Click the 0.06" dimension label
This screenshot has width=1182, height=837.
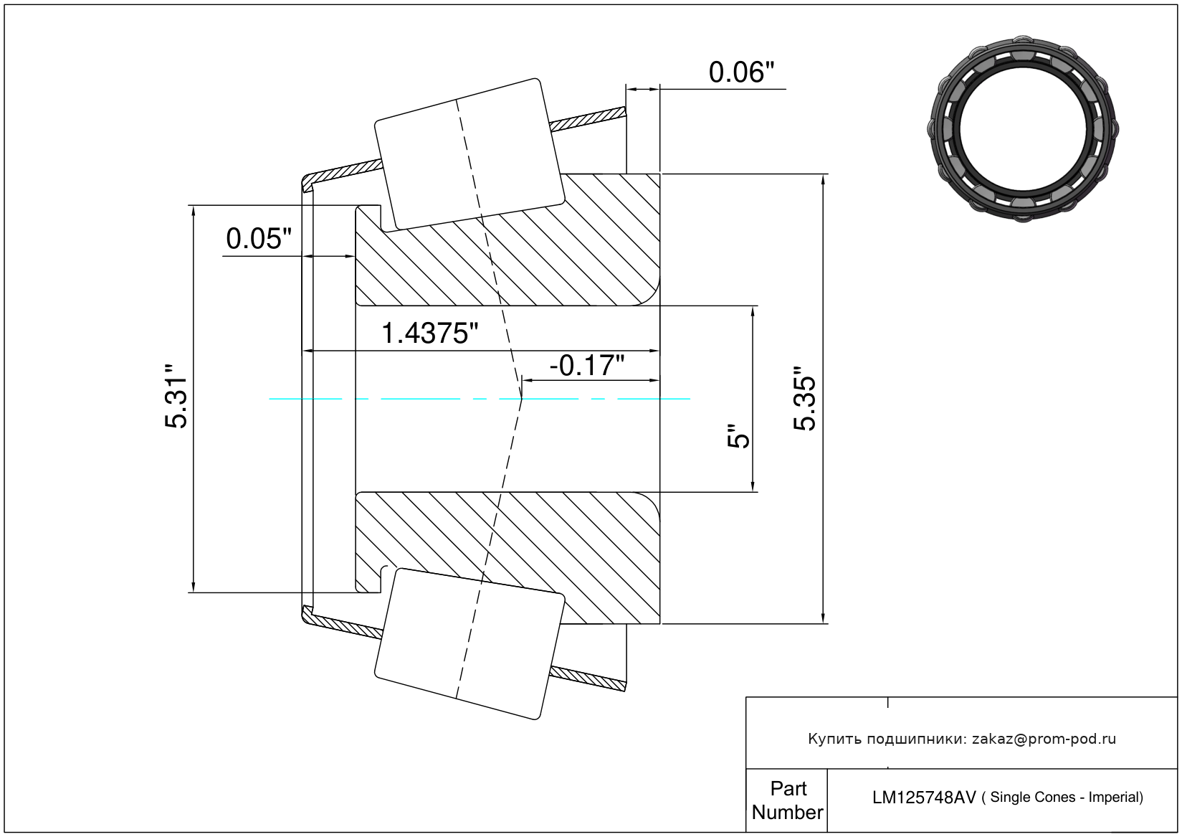tap(741, 72)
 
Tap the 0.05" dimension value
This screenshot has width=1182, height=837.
tap(259, 239)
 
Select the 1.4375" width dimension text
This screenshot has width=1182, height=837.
tap(429, 334)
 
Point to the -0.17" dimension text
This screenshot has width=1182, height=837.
tap(587, 366)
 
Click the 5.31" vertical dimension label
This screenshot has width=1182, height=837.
tap(176, 396)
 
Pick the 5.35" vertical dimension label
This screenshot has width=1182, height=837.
tap(805, 399)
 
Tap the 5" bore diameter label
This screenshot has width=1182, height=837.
tap(738, 435)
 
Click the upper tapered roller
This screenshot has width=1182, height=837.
tap(470, 154)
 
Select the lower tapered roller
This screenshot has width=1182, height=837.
tap(470, 644)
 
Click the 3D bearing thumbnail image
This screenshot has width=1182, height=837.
tap(1023, 129)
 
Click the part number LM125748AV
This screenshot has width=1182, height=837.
tap(924, 798)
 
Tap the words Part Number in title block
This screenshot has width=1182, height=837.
tap(788, 800)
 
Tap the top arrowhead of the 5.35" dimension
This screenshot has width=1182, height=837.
tap(823, 179)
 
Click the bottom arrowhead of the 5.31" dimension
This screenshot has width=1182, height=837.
tap(193, 587)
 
